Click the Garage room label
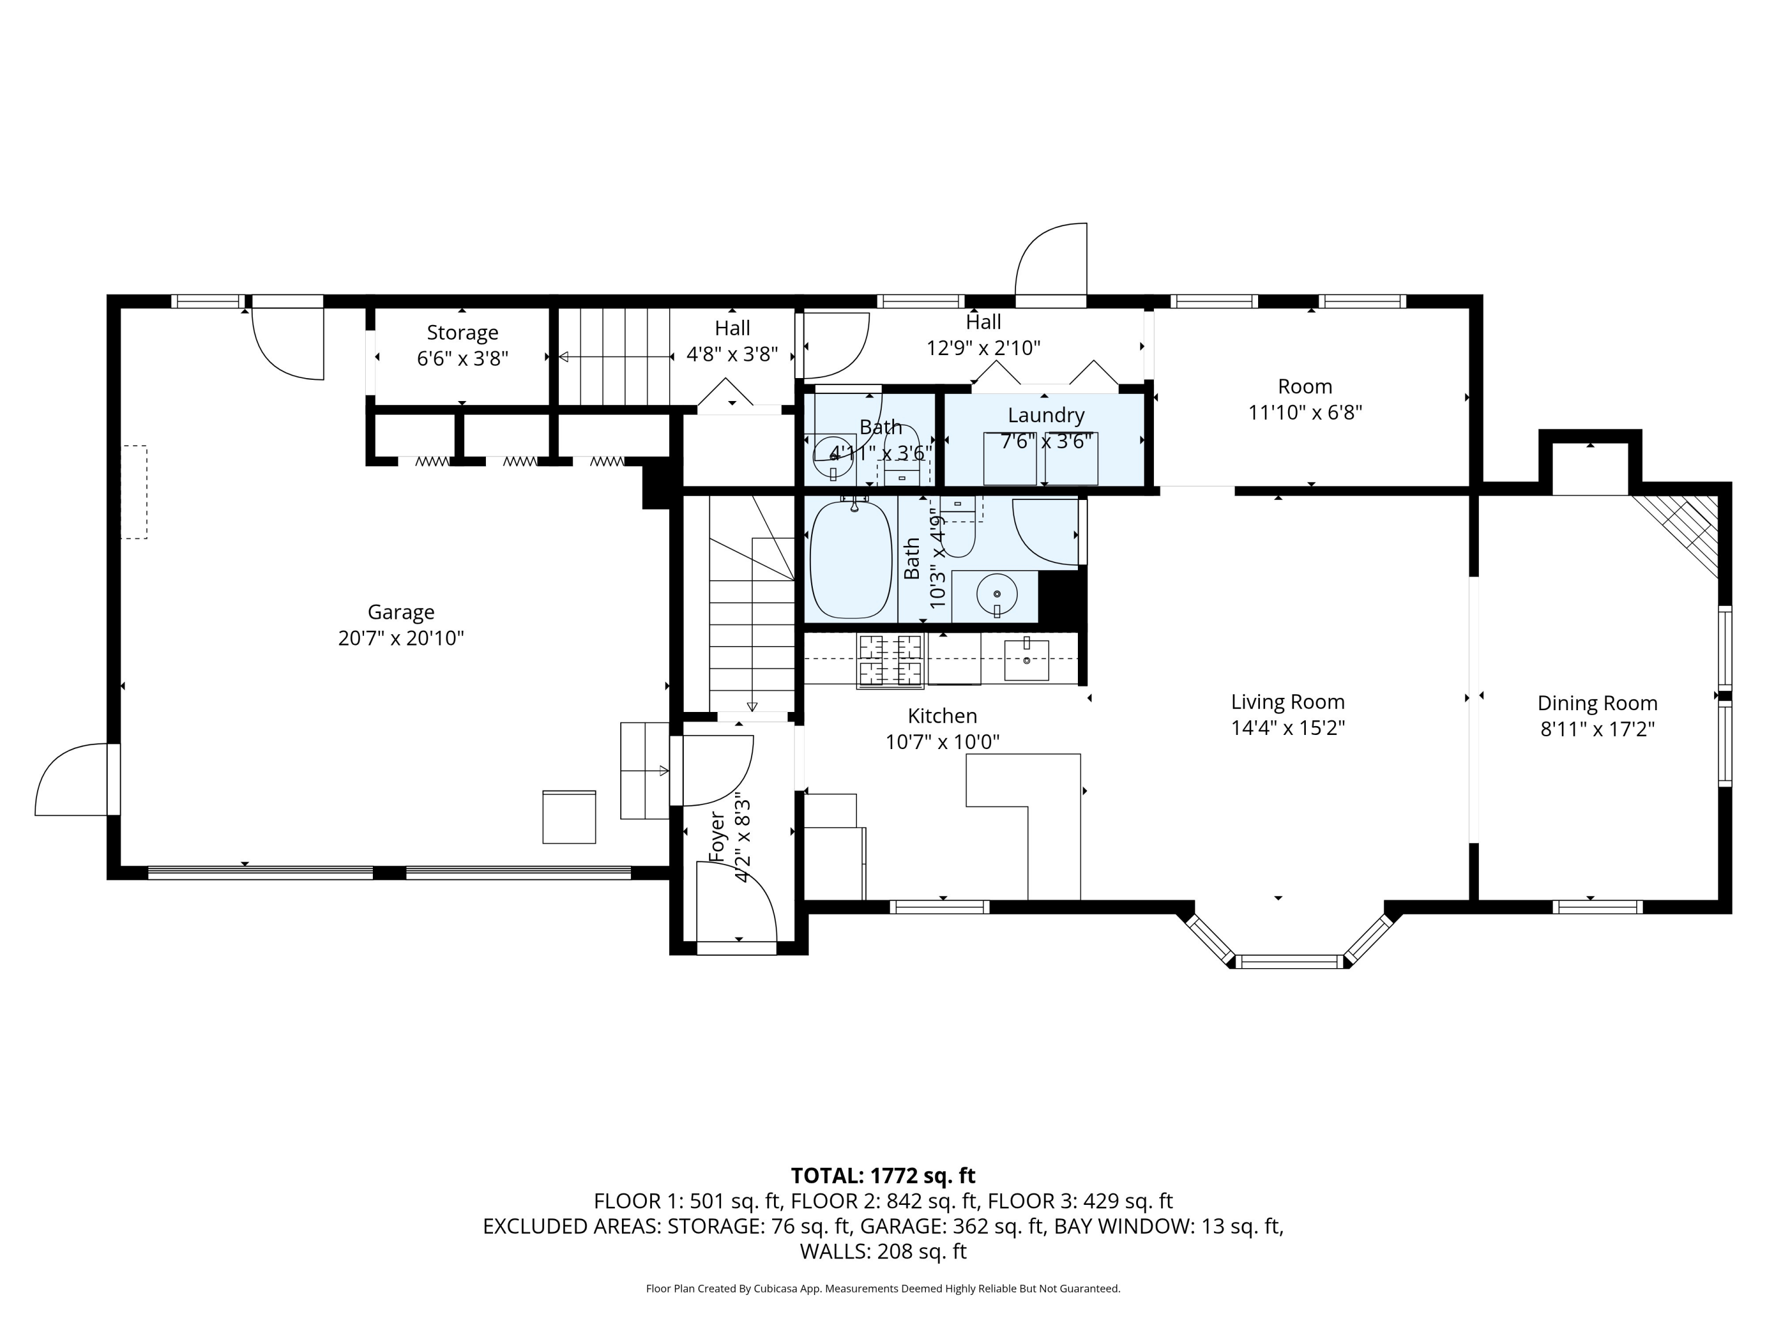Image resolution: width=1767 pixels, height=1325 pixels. pos(401,612)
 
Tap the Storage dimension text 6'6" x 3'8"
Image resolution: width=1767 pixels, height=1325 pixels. pos(462,358)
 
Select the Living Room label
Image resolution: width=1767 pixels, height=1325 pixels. pos(1288,702)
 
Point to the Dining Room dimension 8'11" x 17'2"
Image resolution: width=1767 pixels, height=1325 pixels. pos(1597,729)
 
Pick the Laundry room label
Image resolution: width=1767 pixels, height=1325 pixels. pos(1045,415)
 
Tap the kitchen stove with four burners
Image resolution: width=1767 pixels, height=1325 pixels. pos(890,661)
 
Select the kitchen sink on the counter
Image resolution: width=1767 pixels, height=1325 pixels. pos(1027,659)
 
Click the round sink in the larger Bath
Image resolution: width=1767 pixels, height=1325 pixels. pos(996,594)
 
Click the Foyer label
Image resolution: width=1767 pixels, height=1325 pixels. pos(717,837)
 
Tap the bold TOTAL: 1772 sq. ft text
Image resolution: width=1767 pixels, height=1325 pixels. pos(883,1175)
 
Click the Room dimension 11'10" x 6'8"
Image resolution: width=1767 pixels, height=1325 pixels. pos(1305,412)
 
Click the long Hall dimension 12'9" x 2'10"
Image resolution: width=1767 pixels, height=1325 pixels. pos(984,347)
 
